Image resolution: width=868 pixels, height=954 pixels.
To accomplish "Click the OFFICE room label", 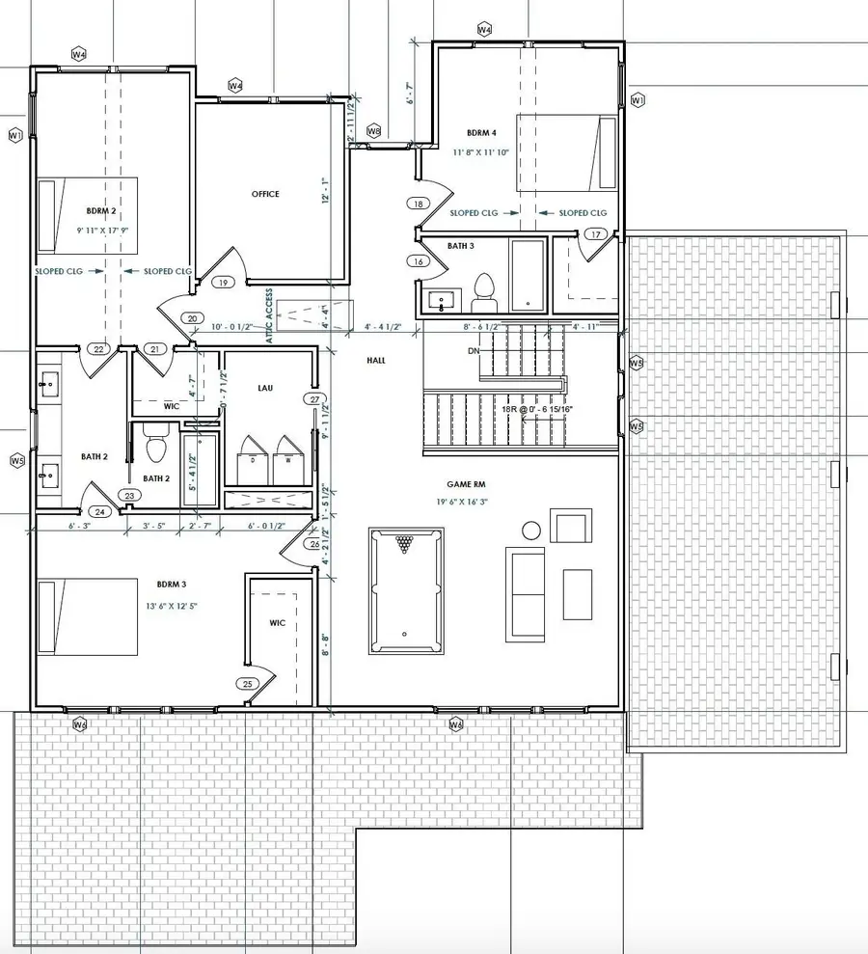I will tap(265, 194).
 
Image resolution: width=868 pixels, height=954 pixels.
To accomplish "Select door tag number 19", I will tap(223, 283).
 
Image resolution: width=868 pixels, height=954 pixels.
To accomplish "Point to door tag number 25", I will tap(247, 684).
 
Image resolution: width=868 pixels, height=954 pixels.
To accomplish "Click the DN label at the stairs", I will tap(472, 351).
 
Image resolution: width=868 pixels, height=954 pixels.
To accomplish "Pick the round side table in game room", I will tap(531, 530).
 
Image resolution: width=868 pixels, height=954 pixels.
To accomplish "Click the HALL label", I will tap(376, 360).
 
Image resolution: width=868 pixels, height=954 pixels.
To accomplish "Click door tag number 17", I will tap(593, 234).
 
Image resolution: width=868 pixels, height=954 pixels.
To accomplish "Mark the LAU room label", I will tap(266, 387).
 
